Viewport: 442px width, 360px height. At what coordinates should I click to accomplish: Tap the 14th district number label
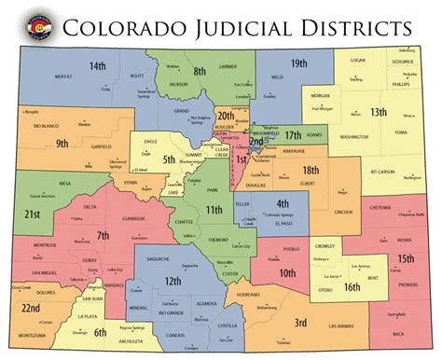click(97, 66)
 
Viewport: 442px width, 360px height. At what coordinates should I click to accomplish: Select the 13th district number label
click(378, 112)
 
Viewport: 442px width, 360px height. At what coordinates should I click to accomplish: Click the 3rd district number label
click(301, 323)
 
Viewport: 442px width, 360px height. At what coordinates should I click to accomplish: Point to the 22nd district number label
click(31, 308)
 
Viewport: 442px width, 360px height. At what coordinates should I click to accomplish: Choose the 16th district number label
click(351, 288)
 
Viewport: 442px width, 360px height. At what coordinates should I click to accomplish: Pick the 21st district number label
click(33, 214)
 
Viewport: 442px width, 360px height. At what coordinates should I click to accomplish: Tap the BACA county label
click(398, 332)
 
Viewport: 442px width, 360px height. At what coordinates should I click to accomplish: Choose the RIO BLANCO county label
click(47, 125)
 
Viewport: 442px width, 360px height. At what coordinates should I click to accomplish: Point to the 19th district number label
click(298, 63)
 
